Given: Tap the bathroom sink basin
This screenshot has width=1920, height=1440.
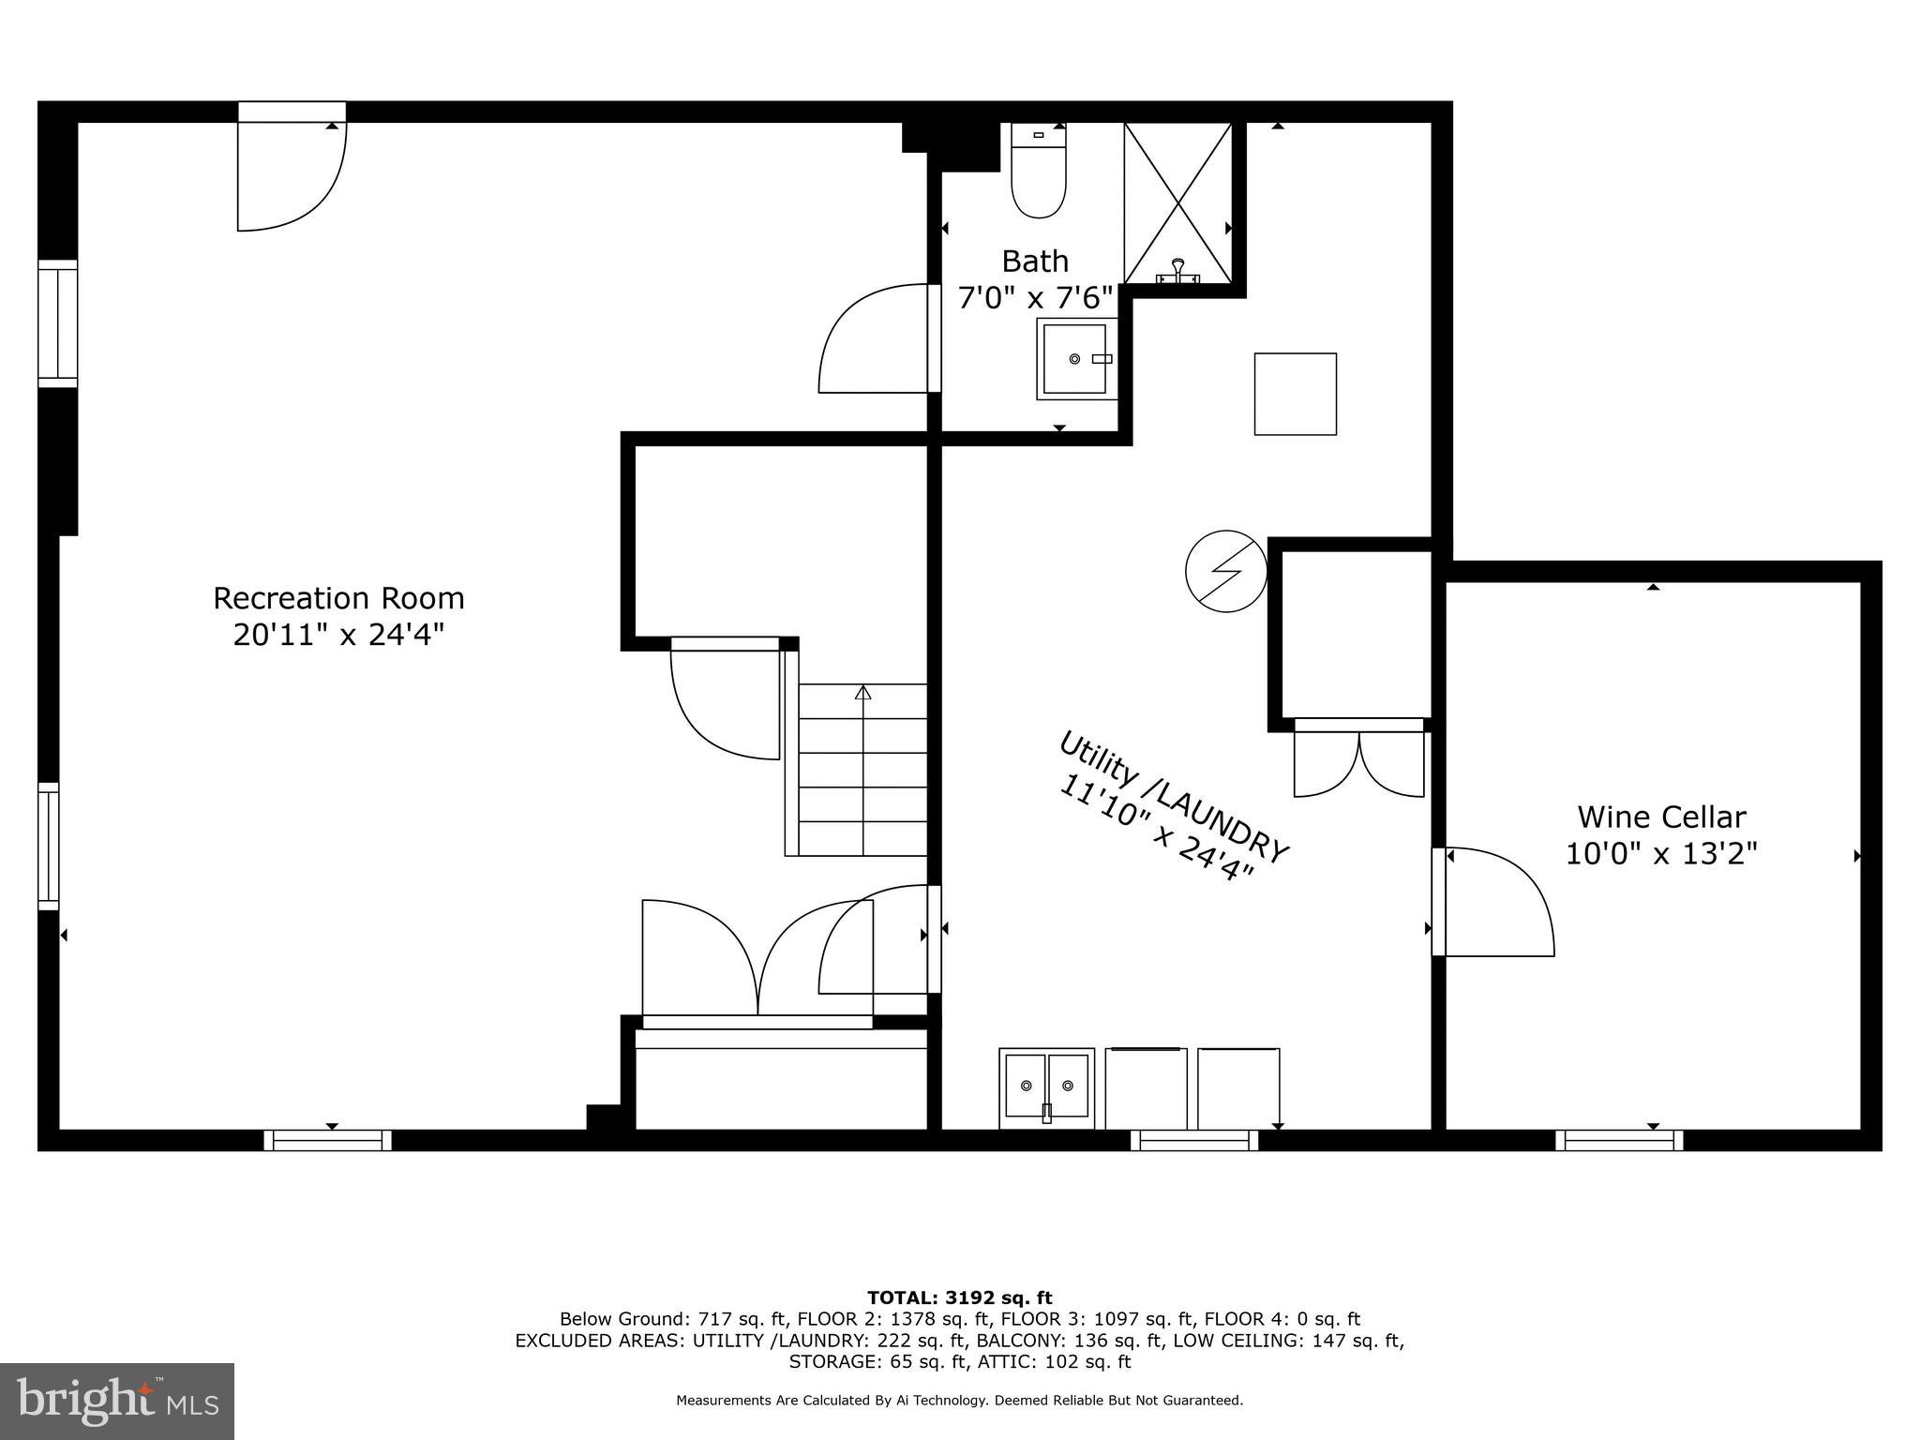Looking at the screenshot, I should pyautogui.click(x=1075, y=359).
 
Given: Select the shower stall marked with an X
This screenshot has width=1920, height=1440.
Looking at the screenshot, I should pyautogui.click(x=1177, y=202).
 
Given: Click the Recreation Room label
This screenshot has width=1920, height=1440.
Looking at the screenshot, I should pyautogui.click(x=338, y=598).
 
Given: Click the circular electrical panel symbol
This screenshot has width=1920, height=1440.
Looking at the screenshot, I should pyautogui.click(x=1225, y=571).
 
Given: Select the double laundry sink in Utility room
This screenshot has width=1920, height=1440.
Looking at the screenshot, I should pyautogui.click(x=1046, y=1087).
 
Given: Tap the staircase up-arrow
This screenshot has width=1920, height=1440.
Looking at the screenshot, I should pyautogui.click(x=862, y=694).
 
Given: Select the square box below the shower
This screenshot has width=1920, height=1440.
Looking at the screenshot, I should pyautogui.click(x=1295, y=394).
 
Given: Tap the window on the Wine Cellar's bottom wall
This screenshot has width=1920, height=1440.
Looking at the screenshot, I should pyautogui.click(x=1619, y=1140).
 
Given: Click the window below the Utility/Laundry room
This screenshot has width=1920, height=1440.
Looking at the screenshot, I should pyautogui.click(x=1193, y=1140).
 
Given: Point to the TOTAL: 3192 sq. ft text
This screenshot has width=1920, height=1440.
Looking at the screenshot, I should pyautogui.click(x=959, y=1297).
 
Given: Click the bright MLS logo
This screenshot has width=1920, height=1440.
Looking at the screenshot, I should pyautogui.click(x=117, y=1401).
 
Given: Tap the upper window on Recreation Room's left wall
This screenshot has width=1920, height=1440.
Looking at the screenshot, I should pyautogui.click(x=57, y=323).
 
